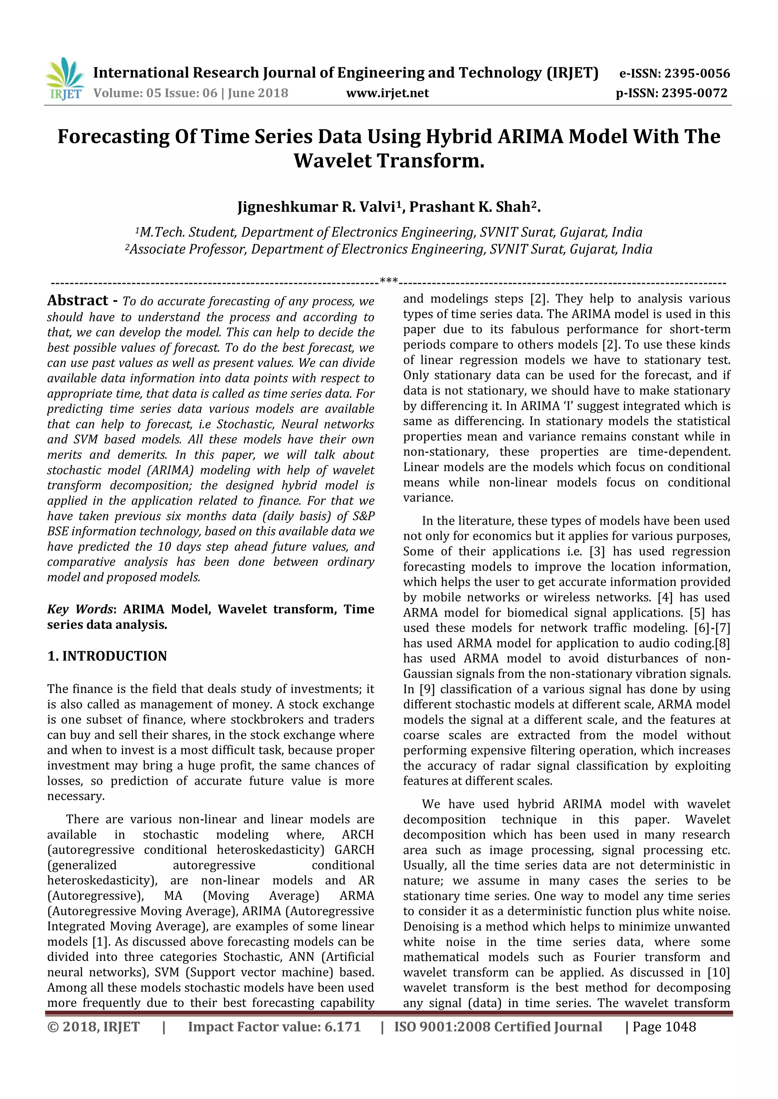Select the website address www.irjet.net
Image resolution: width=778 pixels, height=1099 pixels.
coord(387,93)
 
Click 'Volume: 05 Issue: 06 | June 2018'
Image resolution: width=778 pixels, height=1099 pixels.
coord(191,93)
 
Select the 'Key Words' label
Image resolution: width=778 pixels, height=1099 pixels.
coord(80,609)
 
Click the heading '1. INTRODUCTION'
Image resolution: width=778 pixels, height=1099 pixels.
coord(107,656)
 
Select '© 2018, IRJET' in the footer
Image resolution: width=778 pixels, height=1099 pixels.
coord(93,1027)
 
